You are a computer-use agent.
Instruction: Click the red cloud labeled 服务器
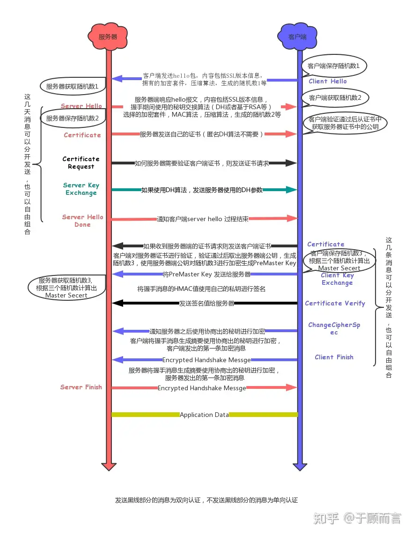point(108,36)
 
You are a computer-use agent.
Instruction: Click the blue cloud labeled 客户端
point(297,36)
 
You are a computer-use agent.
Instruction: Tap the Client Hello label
point(328,81)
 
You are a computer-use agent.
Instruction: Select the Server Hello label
point(81,106)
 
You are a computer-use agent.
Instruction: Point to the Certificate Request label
point(81,163)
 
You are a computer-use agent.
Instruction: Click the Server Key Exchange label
point(81,189)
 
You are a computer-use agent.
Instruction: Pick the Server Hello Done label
point(82,221)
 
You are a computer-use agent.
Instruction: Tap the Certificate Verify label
point(335,303)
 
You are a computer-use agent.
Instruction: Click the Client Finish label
point(334,357)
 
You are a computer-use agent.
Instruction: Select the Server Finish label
point(81,387)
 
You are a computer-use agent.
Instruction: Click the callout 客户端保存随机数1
point(334,66)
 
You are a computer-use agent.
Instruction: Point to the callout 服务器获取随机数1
point(72,86)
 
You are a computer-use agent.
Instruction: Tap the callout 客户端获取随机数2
point(335,98)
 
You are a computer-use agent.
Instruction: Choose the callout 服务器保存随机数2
point(73,119)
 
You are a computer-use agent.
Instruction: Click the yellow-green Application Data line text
point(204,415)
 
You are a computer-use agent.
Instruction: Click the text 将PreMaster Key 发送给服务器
point(206,274)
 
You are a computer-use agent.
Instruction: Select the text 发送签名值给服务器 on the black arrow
point(206,303)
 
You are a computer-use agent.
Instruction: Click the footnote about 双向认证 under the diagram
point(206,500)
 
